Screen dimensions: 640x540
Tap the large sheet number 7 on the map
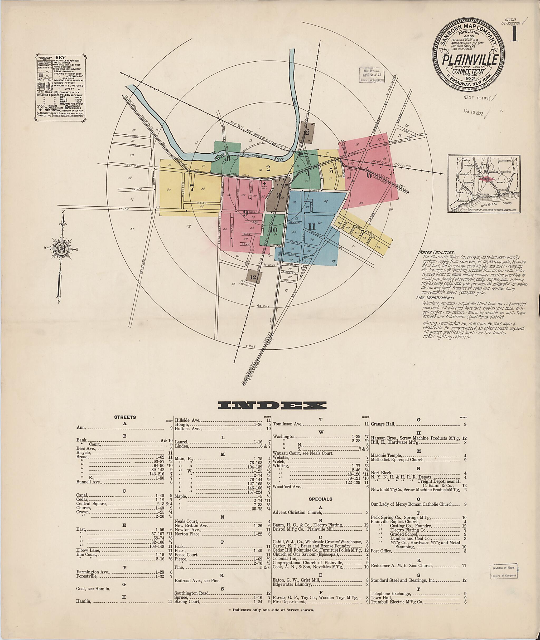192,188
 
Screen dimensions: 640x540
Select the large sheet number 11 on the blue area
312,227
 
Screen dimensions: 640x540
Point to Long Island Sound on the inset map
490,203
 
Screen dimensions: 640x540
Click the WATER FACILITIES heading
437,252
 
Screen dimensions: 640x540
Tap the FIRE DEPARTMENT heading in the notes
435,298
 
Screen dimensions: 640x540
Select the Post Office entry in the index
381,551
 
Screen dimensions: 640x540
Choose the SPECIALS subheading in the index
320,499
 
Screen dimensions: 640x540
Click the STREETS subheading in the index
125,417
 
